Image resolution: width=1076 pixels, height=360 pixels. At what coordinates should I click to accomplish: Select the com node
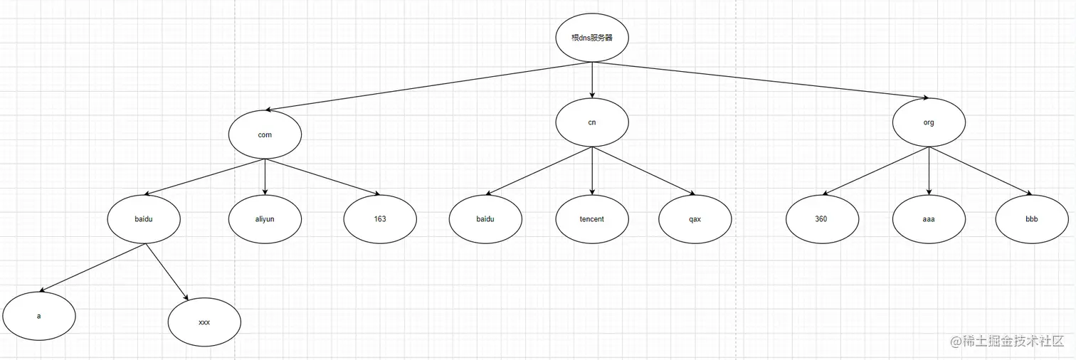pyautogui.click(x=265, y=134)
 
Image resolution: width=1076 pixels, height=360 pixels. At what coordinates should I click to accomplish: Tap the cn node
pyautogui.click(x=592, y=122)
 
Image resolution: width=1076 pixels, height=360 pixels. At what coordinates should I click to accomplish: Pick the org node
pyautogui.click(x=929, y=122)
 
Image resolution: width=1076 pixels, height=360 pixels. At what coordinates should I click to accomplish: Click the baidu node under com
pyautogui.click(x=144, y=219)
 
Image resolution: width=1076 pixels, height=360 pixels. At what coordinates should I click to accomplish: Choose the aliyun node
pyautogui.click(x=265, y=219)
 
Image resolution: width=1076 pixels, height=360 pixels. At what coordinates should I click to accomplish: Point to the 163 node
pyautogui.click(x=380, y=219)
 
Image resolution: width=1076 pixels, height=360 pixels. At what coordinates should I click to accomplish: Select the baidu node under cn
pyautogui.click(x=485, y=219)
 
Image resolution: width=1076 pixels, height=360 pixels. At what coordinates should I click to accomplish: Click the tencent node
pyautogui.click(x=592, y=219)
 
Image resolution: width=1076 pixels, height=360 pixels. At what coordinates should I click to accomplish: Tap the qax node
pyautogui.click(x=695, y=219)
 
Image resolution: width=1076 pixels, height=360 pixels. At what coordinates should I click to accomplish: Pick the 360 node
pyautogui.click(x=821, y=219)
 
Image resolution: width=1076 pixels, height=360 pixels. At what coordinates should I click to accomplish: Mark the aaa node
pyautogui.click(x=929, y=219)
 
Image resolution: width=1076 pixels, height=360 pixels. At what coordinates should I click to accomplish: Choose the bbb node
pyautogui.click(x=1032, y=219)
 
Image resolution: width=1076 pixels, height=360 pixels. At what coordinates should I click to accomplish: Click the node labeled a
pyautogui.click(x=39, y=316)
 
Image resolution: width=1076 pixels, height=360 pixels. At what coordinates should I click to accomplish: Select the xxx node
pyautogui.click(x=204, y=322)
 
